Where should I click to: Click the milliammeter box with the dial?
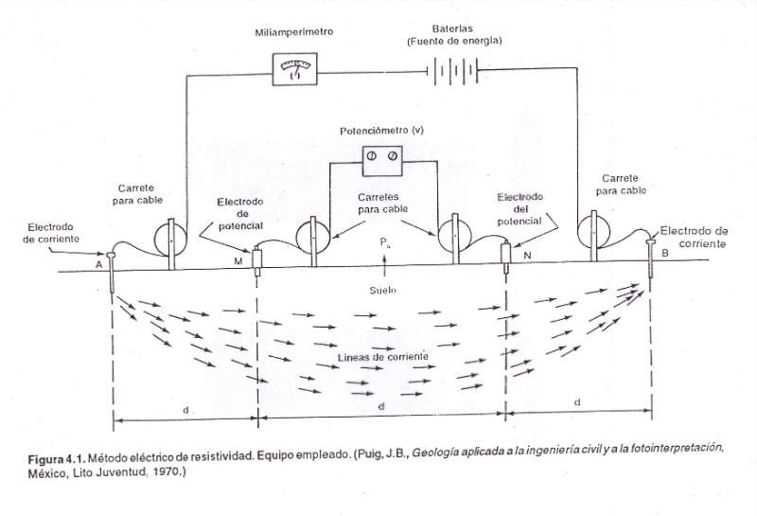coord(295,69)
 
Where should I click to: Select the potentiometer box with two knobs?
coord(382,161)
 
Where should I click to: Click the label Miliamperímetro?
coord(294,32)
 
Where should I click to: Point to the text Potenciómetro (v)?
coord(382,131)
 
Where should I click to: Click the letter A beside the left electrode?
coord(99,264)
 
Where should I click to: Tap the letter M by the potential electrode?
coord(238,261)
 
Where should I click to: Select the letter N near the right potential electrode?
coord(527,255)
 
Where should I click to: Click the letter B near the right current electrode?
coord(665,253)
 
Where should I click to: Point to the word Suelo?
coord(383,290)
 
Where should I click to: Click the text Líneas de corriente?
coord(383,357)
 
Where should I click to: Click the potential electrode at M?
coord(257,261)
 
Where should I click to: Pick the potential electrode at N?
coord(505,256)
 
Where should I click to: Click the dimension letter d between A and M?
coord(185,410)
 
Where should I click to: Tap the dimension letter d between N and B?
coord(577,402)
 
